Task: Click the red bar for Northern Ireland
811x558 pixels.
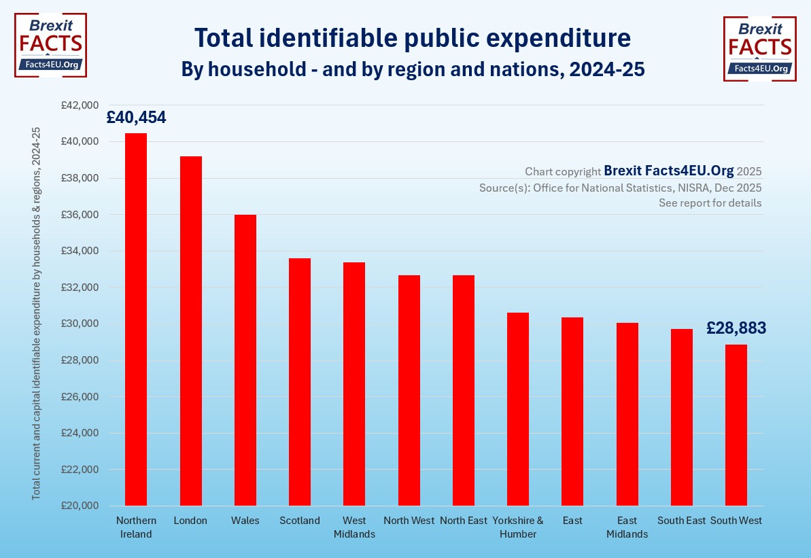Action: click(x=136, y=319)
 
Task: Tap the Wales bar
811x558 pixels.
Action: click(x=245, y=360)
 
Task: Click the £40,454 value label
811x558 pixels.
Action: click(x=136, y=118)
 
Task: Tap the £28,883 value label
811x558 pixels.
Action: click(x=736, y=328)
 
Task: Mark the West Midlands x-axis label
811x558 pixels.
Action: click(x=354, y=527)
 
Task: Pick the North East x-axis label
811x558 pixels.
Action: click(x=464, y=521)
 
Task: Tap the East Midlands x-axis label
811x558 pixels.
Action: click(x=627, y=527)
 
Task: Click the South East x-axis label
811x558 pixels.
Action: click(x=681, y=521)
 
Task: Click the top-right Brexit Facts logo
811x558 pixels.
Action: click(x=759, y=48)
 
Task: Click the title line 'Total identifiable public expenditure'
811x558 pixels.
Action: click(x=413, y=39)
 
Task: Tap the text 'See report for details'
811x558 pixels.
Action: click(x=710, y=203)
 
